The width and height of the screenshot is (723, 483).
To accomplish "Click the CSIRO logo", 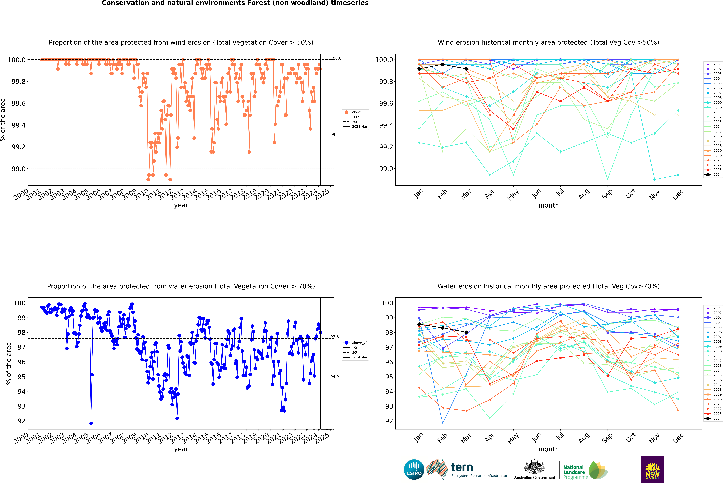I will coord(414,469).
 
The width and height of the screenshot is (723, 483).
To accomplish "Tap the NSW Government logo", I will coord(652,469).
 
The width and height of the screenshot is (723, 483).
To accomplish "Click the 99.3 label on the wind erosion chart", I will coord(334,135).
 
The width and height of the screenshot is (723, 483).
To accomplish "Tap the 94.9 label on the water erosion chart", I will coord(334,377).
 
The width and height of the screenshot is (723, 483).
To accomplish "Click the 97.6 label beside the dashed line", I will coord(334,337).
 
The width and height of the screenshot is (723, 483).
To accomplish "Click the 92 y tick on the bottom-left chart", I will coord(21,421).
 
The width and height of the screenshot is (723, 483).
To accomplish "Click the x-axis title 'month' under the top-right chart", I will coord(548,205).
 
